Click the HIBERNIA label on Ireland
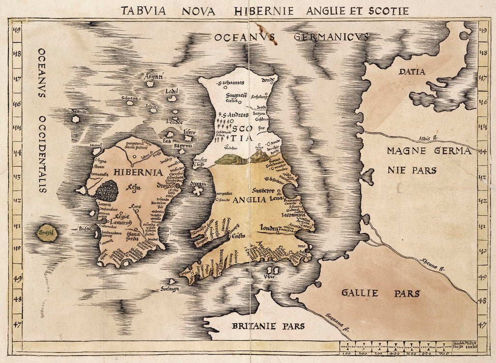coord(131,172)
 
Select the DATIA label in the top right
coord(412,72)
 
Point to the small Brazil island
coord(47,234)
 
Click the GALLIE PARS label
coord(380,293)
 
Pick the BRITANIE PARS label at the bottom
coord(268,326)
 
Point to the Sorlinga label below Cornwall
coord(169,289)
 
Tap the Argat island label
coord(153,76)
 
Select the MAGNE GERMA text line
coord(429,151)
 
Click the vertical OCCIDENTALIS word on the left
coord(42,154)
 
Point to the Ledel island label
coord(171,91)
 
